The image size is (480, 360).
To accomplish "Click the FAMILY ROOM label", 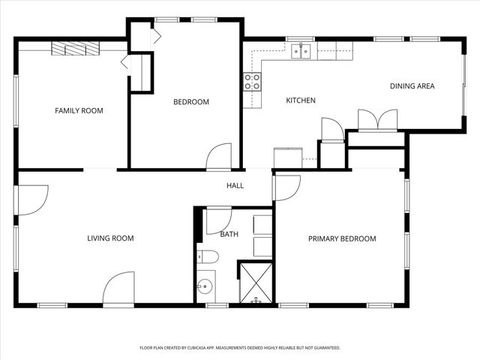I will [79, 111].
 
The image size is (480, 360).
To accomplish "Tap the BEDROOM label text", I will [191, 102].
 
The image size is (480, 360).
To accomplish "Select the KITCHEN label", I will [301, 100].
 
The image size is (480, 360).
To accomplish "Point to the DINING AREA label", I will [412, 86].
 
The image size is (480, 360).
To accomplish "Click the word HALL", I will [235, 186].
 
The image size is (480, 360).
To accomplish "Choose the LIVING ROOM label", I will [110, 238].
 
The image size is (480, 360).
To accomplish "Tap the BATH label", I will [229, 235].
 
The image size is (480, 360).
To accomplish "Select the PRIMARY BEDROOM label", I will [342, 239].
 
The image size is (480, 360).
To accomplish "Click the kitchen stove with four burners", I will [252, 81].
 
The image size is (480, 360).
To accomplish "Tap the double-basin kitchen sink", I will [302, 51].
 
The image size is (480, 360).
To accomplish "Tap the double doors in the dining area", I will [377, 120].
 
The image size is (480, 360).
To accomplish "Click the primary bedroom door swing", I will [286, 187].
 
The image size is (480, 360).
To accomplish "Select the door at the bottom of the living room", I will [118, 289].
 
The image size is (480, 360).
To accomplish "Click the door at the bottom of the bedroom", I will [220, 156].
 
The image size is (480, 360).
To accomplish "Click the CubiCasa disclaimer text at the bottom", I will [240, 348].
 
